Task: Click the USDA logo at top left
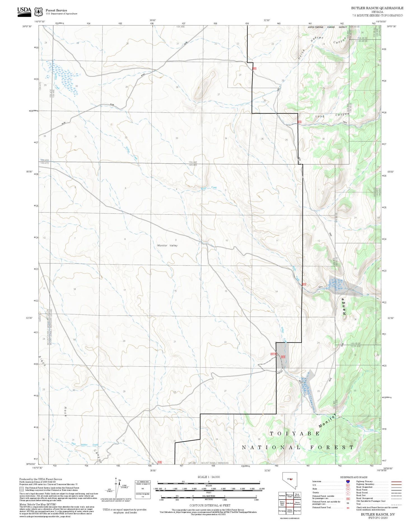tap(24, 11)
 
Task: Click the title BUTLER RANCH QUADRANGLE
tap(377, 8)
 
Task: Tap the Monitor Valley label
tap(167, 245)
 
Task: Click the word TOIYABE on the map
tap(295, 433)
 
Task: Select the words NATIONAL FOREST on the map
tap(298, 447)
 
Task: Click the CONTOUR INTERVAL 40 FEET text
tap(210, 505)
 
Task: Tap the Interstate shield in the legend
tap(347, 482)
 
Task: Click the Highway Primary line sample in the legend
tap(395, 482)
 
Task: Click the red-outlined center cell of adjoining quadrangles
tap(290, 503)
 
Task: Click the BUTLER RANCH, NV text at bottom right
tap(378, 514)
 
